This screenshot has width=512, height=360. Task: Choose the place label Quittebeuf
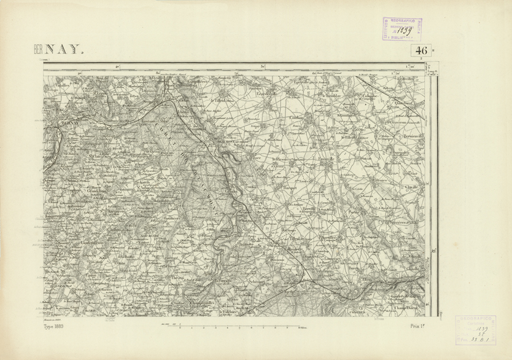click(x=403, y=104)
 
